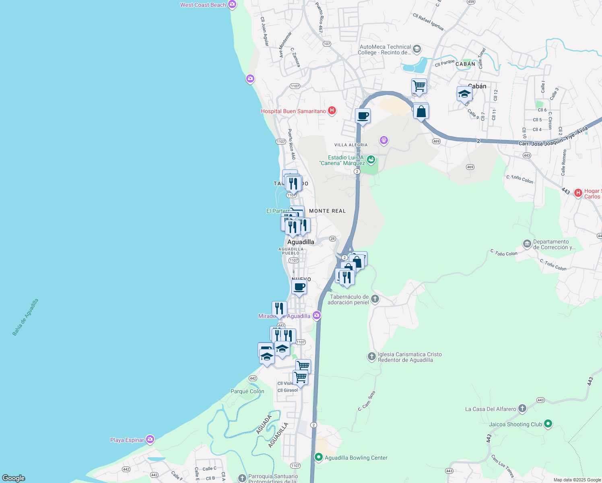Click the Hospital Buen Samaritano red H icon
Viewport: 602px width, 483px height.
[x=332, y=111]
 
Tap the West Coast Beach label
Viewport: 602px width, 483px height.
[x=203, y=5]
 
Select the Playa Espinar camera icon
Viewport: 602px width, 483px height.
[x=150, y=440]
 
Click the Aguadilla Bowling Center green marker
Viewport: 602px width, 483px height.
[x=319, y=457]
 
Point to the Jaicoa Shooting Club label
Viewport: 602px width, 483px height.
[x=515, y=424]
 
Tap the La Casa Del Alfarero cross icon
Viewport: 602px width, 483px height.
[x=522, y=409]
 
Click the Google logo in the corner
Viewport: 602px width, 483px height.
[x=14, y=478]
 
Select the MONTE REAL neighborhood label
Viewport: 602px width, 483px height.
[x=327, y=211]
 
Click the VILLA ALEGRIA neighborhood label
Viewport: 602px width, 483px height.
[x=351, y=145]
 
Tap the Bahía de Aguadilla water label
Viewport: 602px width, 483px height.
[x=25, y=317]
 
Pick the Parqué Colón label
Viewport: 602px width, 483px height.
[x=247, y=391]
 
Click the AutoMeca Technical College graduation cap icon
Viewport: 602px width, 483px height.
[x=417, y=49]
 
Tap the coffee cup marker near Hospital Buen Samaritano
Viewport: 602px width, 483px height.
[x=363, y=116]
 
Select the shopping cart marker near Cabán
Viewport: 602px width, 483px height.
[x=419, y=86]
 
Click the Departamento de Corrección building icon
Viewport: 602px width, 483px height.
[x=527, y=244]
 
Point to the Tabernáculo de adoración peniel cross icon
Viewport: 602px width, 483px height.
[x=375, y=299]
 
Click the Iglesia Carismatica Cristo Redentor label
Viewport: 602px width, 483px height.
[x=409, y=357]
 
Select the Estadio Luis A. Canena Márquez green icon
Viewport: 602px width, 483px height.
[x=371, y=160]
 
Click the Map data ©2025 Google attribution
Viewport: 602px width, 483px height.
[x=577, y=480]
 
